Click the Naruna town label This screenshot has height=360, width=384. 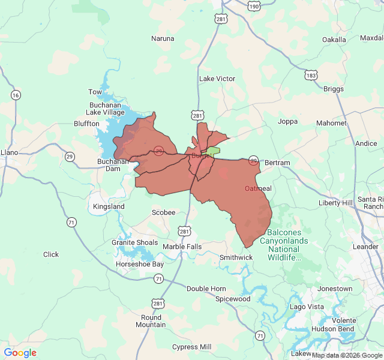coord(163,38)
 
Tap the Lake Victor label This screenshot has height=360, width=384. coord(217,79)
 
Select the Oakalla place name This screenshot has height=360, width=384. coord(334,40)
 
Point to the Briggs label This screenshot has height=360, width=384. coord(334,89)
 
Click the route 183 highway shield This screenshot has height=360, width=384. coord(311,75)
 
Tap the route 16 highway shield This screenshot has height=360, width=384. coord(16,95)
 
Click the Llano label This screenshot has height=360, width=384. coord(10,152)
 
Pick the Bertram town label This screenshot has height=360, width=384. coord(277,163)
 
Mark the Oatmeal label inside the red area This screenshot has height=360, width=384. coord(258,188)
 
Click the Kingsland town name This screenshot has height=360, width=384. coord(109,206)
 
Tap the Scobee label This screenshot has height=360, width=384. coord(163,212)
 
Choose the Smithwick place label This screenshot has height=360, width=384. coord(236,257)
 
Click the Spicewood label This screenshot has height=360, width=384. coord(233,298)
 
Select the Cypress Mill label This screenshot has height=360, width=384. coord(191,347)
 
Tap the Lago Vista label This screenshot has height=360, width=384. coord(307,307)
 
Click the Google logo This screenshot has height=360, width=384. coord(20,353)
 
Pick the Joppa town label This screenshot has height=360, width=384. coord(287,121)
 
